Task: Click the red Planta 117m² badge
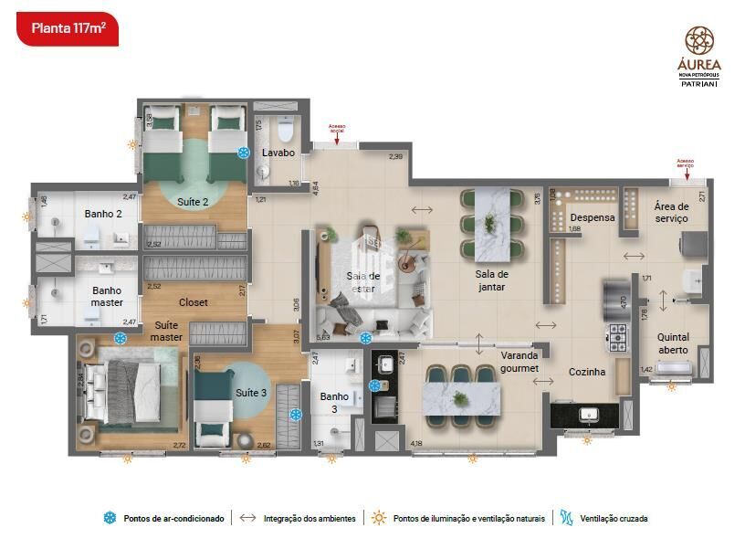point(68,27)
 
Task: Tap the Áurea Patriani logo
point(699,56)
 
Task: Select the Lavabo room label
point(278,153)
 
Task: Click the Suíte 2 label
point(193,201)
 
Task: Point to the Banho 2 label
point(102,214)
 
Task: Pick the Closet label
point(193,302)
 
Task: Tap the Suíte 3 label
point(251,393)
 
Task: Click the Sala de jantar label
point(490,280)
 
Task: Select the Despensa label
point(592,218)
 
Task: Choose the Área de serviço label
point(670,213)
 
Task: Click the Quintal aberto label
point(674,343)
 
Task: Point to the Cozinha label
point(587,372)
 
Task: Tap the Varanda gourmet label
point(519,362)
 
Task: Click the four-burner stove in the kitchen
point(618,336)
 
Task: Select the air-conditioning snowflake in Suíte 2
point(244,153)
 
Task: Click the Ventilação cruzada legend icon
point(567,518)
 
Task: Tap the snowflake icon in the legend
point(110,518)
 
